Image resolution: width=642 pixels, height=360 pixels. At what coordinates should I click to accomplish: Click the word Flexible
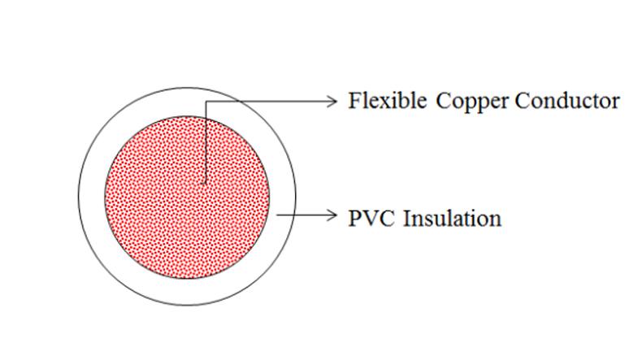[x=387, y=100]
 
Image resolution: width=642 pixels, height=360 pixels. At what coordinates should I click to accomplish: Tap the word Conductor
[x=567, y=101]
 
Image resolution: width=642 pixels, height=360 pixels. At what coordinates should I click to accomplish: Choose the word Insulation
[x=453, y=218]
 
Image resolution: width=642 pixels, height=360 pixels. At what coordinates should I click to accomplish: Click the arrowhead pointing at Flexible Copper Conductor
[x=332, y=101]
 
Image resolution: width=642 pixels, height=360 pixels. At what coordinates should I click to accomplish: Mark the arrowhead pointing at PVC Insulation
[x=332, y=215]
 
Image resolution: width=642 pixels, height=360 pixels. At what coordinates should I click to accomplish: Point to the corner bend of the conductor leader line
[x=205, y=101]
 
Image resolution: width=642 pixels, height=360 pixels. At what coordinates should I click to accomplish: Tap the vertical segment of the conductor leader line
[x=205, y=141]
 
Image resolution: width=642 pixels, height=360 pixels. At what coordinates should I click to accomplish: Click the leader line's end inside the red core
[x=204, y=183]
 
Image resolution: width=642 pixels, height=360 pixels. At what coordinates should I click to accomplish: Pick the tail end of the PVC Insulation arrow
[x=277, y=215]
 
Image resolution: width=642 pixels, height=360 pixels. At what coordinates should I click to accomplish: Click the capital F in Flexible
[x=354, y=101]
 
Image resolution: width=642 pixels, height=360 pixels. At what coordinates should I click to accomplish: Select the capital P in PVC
[x=354, y=219]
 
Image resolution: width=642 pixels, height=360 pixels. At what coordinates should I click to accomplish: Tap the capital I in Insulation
[x=407, y=219]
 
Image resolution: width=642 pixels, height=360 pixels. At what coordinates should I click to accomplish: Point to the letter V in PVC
[x=369, y=219]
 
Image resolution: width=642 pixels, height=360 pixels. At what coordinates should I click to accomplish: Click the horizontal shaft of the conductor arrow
[x=271, y=101]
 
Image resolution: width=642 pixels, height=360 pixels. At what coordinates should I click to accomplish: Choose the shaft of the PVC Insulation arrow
[x=306, y=215]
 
